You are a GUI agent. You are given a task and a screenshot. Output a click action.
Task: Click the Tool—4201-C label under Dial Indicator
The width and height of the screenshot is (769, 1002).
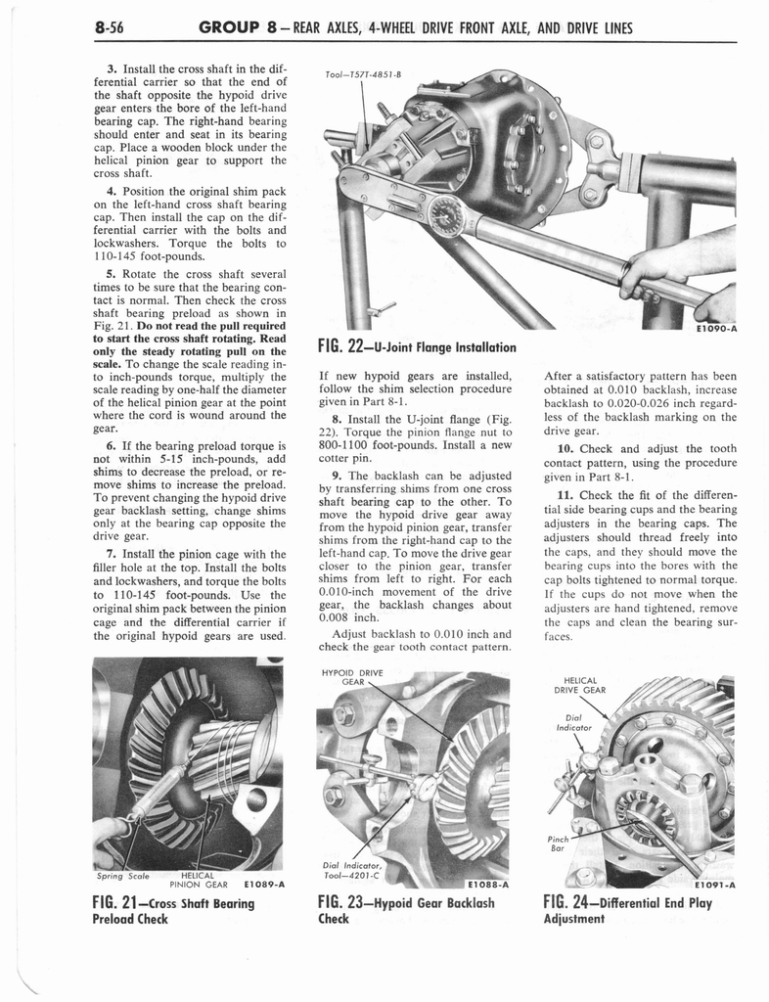coord(348,875)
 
